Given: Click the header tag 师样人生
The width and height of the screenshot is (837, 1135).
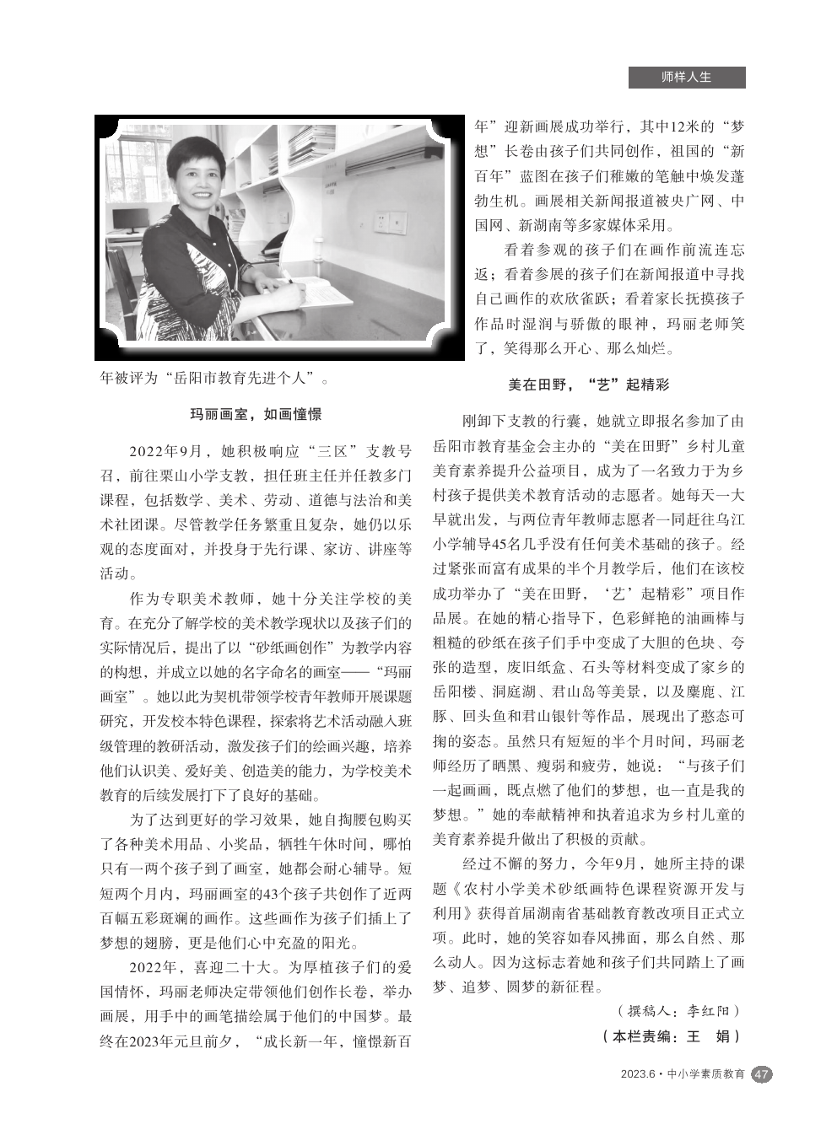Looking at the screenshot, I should pyautogui.click(x=686, y=77).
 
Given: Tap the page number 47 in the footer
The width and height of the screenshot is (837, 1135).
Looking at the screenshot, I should pyautogui.click(x=761, y=1074).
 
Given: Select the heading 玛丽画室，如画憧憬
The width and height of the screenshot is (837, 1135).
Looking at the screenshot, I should pyautogui.click(x=255, y=414).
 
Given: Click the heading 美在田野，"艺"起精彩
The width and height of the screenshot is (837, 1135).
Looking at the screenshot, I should pyautogui.click(x=588, y=385).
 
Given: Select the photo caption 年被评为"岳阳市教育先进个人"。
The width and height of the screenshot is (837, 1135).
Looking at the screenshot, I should pyautogui.click(x=215, y=377).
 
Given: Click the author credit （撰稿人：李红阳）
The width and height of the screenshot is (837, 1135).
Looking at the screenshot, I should pyautogui.click(x=678, y=1010).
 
